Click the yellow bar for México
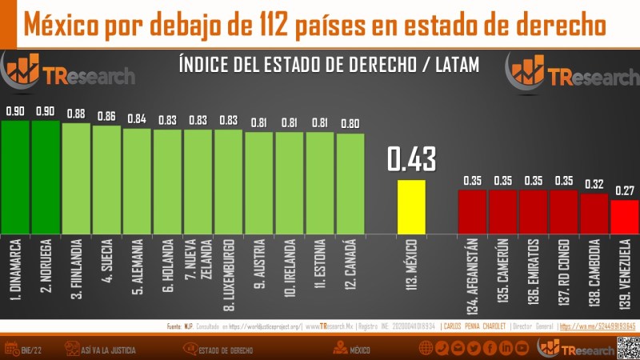click(412, 206)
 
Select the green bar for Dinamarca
click(15, 176)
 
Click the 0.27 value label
click(625, 190)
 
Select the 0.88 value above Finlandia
click(76, 114)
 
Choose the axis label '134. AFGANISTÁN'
click(472, 275)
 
